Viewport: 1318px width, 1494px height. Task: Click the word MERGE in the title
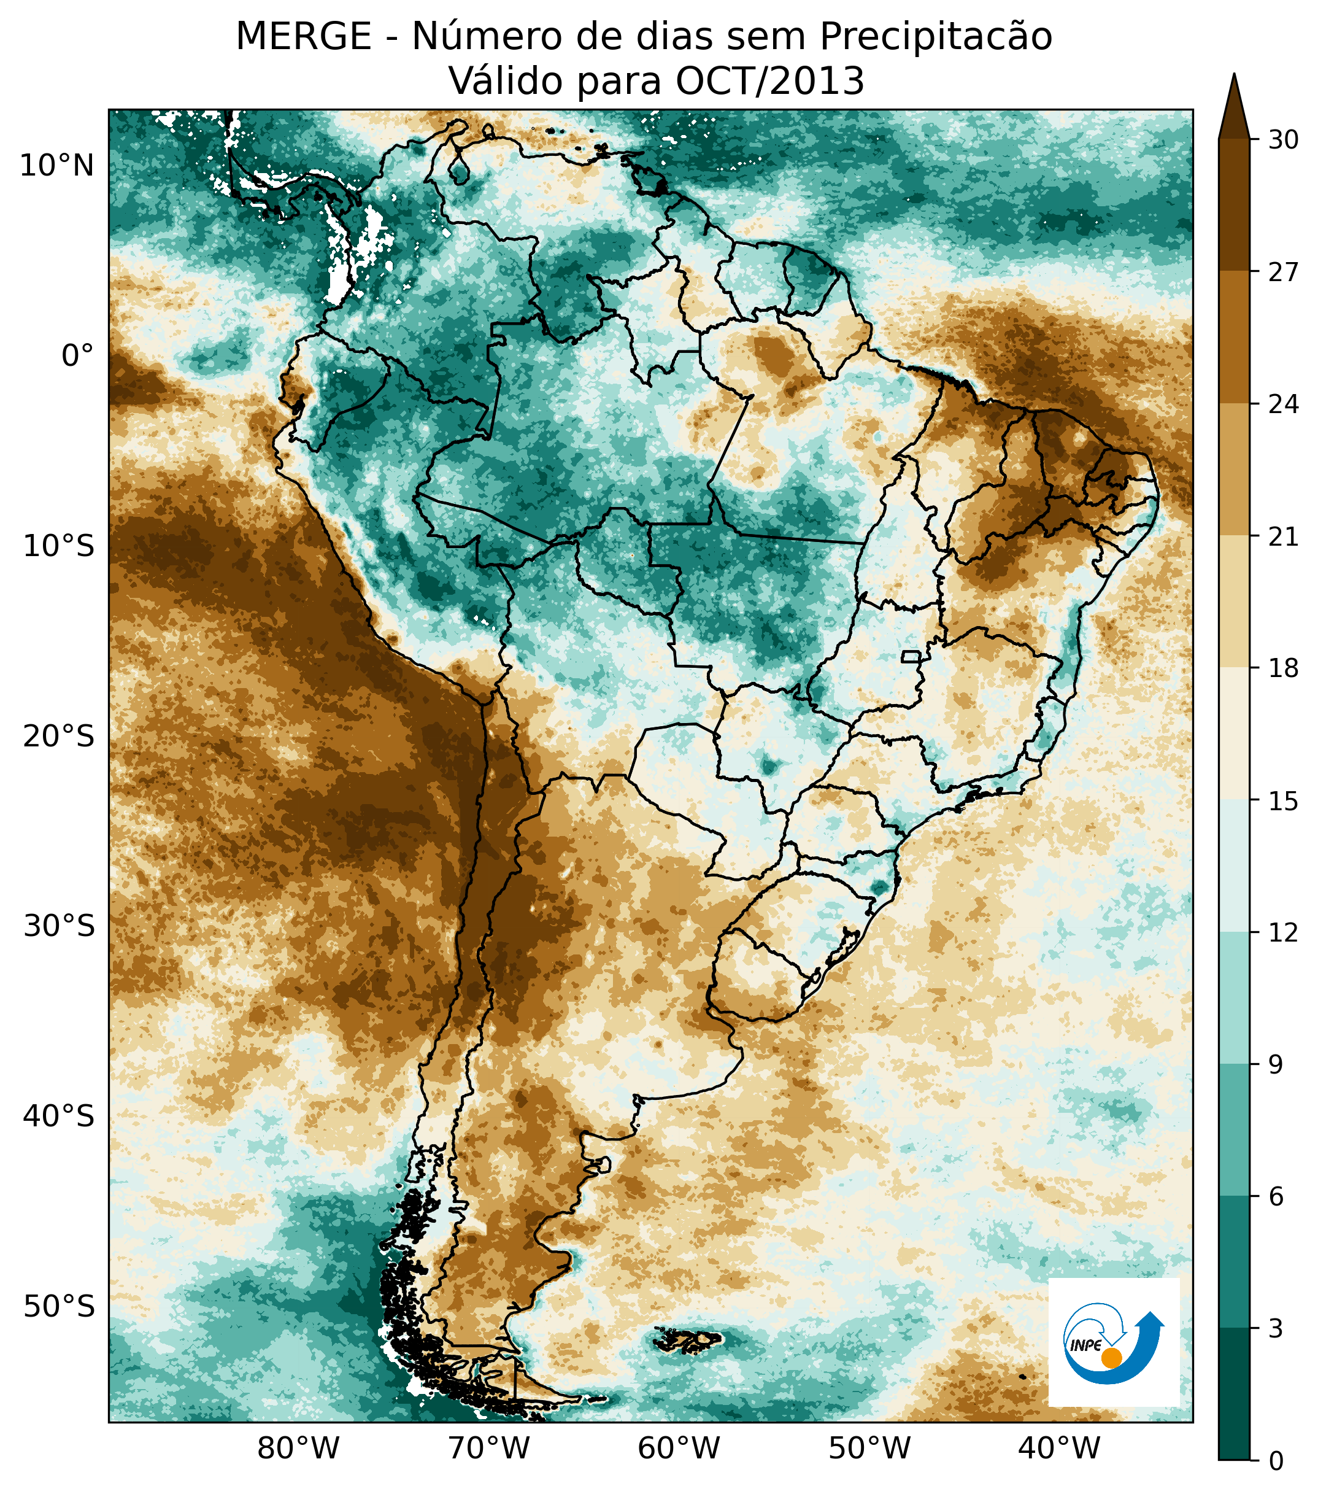point(303,37)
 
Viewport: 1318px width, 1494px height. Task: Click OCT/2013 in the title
point(770,81)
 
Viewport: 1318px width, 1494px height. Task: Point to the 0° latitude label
point(77,357)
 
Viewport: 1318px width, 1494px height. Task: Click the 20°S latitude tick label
point(58,737)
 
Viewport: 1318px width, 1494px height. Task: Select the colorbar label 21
point(1283,537)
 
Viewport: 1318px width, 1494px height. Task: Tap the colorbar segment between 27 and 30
point(1234,204)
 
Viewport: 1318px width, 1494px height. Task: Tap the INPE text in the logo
point(1085,1345)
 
